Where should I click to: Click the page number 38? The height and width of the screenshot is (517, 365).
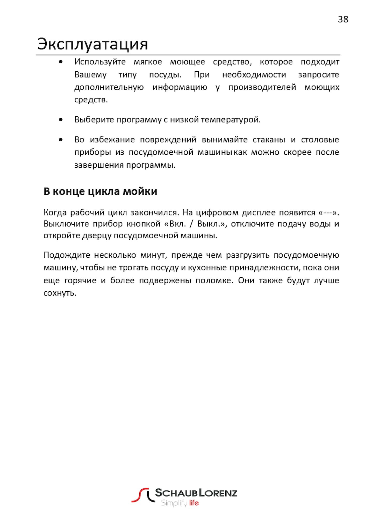click(343, 19)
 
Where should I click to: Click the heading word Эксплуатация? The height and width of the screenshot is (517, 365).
click(92, 44)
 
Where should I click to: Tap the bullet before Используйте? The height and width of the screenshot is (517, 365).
click(61, 62)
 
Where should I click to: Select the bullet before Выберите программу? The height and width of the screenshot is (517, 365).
click(61, 120)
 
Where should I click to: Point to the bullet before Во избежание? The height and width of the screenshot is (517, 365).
click(61, 140)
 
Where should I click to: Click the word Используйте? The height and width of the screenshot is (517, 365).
click(100, 62)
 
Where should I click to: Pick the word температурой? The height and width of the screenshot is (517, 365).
click(231, 120)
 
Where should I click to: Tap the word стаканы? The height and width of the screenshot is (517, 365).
click(269, 140)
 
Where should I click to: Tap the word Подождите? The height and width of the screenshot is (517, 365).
click(66, 255)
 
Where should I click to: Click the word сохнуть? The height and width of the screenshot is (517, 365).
click(60, 293)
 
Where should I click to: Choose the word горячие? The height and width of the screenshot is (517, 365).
click(80, 280)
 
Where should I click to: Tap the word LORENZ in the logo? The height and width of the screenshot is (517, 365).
click(218, 493)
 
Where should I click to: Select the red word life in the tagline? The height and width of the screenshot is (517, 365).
click(194, 503)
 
